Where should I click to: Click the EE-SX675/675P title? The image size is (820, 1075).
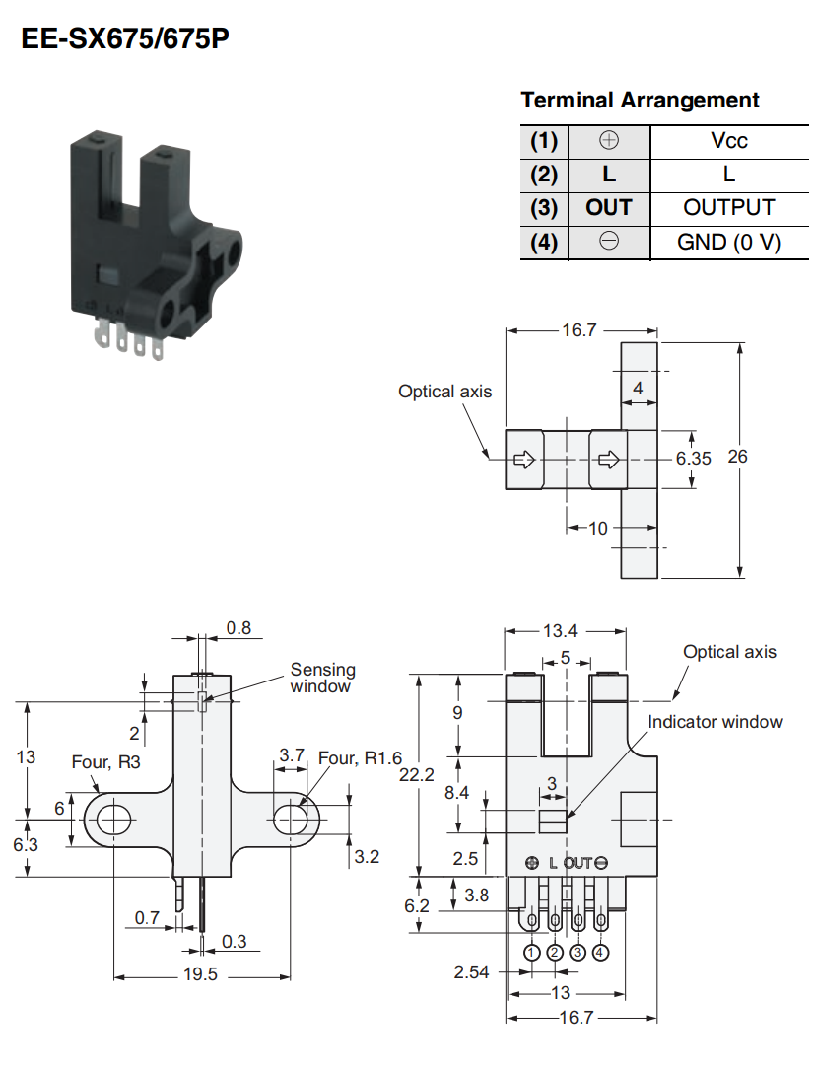(x=125, y=38)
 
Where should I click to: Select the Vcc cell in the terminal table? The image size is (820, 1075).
(x=729, y=141)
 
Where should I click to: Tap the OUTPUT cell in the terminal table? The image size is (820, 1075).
(x=729, y=208)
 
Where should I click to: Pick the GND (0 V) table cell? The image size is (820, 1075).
(x=729, y=242)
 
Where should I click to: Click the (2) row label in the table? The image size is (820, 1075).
(x=544, y=175)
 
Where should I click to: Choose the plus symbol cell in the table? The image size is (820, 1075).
(x=609, y=141)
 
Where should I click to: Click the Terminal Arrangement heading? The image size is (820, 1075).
(x=640, y=100)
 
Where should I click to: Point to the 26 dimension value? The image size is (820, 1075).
(x=738, y=457)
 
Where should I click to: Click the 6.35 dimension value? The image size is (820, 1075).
(x=693, y=459)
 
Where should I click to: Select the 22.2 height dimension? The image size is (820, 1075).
(x=417, y=775)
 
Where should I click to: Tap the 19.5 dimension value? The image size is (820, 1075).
(x=200, y=974)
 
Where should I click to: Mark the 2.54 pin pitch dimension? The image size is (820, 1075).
(x=471, y=972)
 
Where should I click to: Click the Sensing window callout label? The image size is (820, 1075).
(x=322, y=678)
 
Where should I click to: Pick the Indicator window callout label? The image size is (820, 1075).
(x=715, y=722)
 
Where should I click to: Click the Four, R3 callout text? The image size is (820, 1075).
(x=105, y=762)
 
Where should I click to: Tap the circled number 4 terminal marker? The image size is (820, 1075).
(x=600, y=953)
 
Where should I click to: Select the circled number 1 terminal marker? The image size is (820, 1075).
(x=531, y=953)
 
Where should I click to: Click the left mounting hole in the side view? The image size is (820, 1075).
(x=113, y=820)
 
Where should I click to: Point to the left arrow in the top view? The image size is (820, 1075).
(x=524, y=460)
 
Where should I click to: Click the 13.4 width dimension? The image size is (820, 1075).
(x=560, y=631)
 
